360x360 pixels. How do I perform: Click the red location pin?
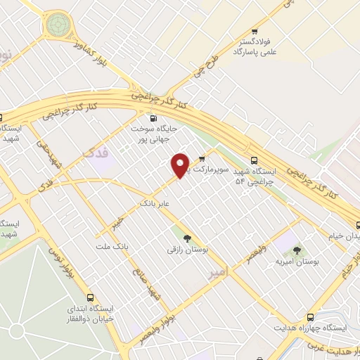tap(181, 165)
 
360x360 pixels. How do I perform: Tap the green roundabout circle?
tap(56, 27)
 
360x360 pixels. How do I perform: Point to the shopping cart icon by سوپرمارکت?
tap(202, 159)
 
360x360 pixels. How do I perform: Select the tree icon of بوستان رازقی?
tap(186, 236)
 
